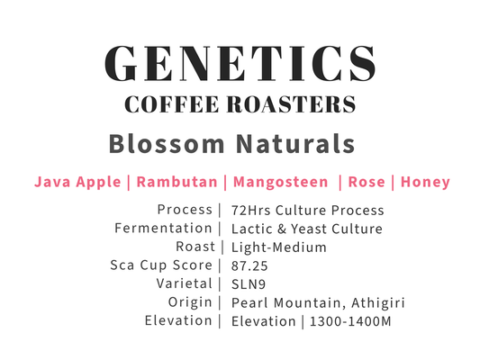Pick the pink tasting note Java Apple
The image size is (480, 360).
77,182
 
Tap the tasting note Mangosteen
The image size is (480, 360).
280,182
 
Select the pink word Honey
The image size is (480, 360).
425,182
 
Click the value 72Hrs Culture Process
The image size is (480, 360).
307,211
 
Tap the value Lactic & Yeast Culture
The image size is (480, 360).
306,229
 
